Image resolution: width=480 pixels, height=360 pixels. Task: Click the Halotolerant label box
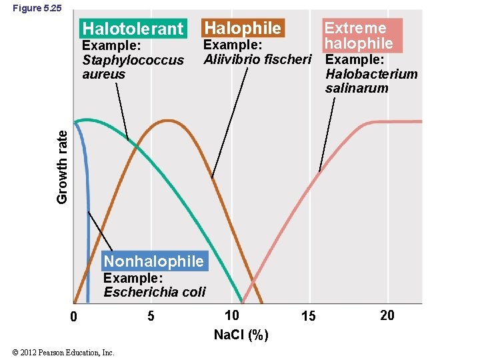pos(132,29)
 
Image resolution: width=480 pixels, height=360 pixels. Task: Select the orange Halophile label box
pos(242,28)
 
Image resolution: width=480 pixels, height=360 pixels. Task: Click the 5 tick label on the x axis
pos(151,316)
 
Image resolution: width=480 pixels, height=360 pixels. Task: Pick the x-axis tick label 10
pos(231,315)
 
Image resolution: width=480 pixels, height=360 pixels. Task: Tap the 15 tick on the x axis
pos(308,316)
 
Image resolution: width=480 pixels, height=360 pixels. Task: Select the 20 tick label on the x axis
pos(387,315)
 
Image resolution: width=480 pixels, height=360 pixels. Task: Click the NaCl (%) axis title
pos(241,335)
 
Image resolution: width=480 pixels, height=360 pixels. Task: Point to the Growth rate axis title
pos(62,165)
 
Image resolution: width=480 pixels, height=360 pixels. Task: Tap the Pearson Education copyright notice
pos(63,352)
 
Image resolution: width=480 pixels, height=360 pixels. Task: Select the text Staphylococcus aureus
pos(133,67)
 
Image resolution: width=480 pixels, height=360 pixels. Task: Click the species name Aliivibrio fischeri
pos(257,59)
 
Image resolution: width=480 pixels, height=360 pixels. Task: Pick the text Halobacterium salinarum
pos(371,81)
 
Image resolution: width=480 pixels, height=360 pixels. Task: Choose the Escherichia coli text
pos(155,291)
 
